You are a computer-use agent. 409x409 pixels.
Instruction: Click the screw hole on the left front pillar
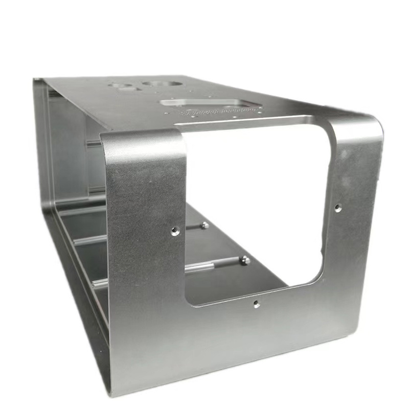[175, 231]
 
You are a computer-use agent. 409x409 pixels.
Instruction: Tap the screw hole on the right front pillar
[337, 208]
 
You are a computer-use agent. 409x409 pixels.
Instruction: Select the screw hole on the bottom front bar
[256, 304]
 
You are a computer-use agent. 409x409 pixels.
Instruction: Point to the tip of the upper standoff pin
[204, 225]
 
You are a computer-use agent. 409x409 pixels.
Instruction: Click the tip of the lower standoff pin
[245, 261]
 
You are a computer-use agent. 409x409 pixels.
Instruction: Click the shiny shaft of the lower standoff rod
[215, 265]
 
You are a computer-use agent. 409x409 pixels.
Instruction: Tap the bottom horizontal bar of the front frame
[240, 337]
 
